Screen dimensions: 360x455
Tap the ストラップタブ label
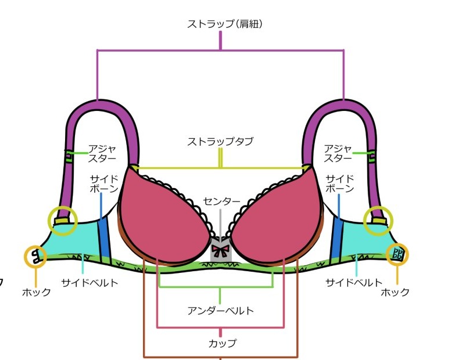click(220, 141)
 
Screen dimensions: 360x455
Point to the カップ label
click(223, 343)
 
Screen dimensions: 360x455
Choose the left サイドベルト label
click(90, 283)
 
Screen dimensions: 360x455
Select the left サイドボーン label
click(104, 183)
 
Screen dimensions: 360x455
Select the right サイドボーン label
click(339, 183)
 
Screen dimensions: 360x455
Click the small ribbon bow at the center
click(220, 251)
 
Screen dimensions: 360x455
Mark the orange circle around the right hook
click(398, 253)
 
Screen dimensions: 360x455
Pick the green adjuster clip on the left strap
click(69, 154)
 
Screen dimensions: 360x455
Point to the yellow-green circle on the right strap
click(378, 221)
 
